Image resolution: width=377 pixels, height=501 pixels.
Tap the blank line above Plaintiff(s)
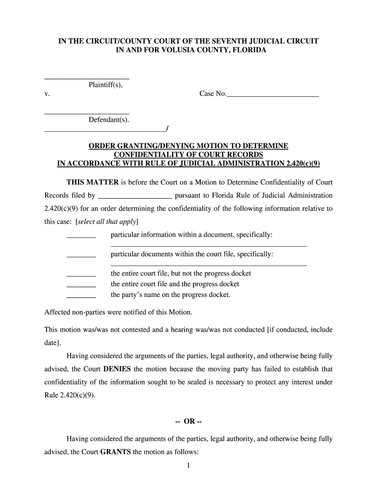click(87, 78)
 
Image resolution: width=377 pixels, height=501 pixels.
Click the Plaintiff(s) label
click(105, 85)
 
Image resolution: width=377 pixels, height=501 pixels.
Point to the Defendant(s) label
click(109, 120)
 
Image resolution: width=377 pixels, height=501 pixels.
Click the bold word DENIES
click(118, 369)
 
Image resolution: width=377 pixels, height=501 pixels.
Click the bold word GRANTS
click(115, 452)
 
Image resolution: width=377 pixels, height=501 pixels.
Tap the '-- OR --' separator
click(188, 422)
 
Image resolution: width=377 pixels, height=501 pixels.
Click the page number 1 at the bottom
click(188, 466)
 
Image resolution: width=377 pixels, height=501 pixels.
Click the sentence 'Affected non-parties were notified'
click(118, 312)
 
